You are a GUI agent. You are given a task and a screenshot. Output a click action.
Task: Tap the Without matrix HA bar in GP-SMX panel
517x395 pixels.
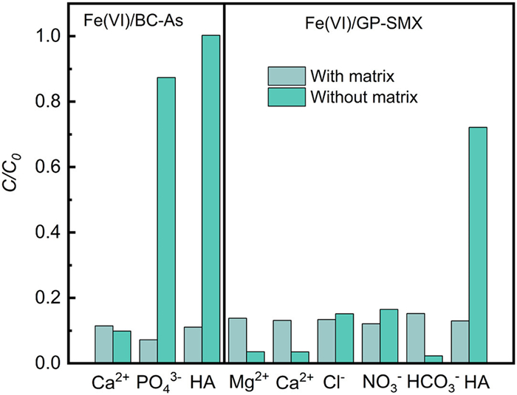tap(478, 244)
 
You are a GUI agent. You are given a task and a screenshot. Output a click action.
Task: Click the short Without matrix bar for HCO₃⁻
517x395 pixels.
tap(434, 359)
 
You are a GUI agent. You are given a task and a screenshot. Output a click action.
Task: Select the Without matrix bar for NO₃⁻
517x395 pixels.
tap(388, 336)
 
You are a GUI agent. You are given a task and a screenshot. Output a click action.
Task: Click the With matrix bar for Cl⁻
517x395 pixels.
tap(326, 341)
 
